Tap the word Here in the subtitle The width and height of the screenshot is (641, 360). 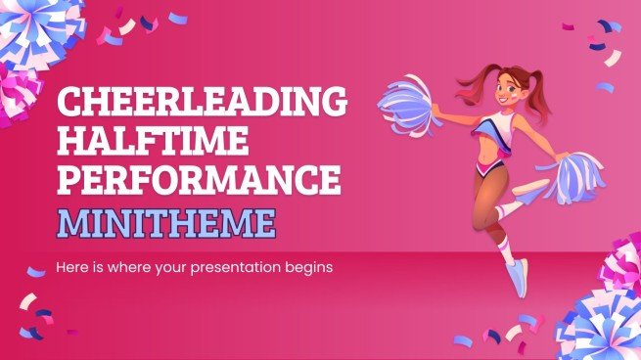pyautogui.click(x=75, y=266)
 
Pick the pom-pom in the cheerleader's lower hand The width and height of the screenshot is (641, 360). pyautogui.click(x=568, y=176)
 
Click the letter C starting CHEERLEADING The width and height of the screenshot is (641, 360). pyautogui.click(x=72, y=101)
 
